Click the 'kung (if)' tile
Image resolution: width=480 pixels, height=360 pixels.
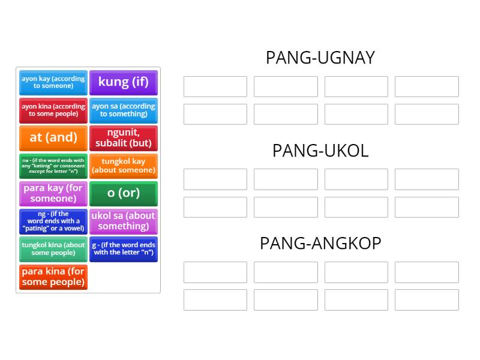[x=124, y=82]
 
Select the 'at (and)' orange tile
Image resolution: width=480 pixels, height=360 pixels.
[x=53, y=137]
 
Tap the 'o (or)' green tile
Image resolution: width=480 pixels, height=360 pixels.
[x=124, y=193]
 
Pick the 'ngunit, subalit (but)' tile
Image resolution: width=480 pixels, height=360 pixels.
[x=124, y=137]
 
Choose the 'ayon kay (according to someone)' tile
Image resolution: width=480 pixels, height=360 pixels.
[x=53, y=82]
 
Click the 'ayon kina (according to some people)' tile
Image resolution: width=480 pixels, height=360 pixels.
[x=53, y=110]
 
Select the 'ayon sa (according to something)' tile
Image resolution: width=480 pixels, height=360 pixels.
[x=124, y=110]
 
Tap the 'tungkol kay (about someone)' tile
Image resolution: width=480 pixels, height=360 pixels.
[x=124, y=166]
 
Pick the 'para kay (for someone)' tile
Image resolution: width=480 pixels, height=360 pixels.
[x=53, y=193]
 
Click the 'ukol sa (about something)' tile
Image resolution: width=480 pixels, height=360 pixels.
[x=124, y=221]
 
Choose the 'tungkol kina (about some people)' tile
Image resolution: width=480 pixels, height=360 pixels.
[x=53, y=249]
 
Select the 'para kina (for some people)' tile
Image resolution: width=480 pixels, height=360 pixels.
[x=53, y=277]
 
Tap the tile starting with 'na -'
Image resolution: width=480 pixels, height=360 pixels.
[x=53, y=166]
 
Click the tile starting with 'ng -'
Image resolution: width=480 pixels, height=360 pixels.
[x=53, y=221]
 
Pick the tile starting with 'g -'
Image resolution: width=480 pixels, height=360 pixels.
[x=124, y=249]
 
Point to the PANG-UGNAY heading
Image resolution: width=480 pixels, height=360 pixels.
[x=320, y=58]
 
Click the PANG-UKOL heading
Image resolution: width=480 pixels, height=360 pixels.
[x=320, y=151]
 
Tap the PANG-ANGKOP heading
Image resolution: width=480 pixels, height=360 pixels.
[x=320, y=243]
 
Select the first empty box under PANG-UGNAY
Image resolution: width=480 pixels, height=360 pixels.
[x=215, y=86]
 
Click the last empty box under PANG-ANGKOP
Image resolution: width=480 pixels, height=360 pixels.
[x=427, y=300]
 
